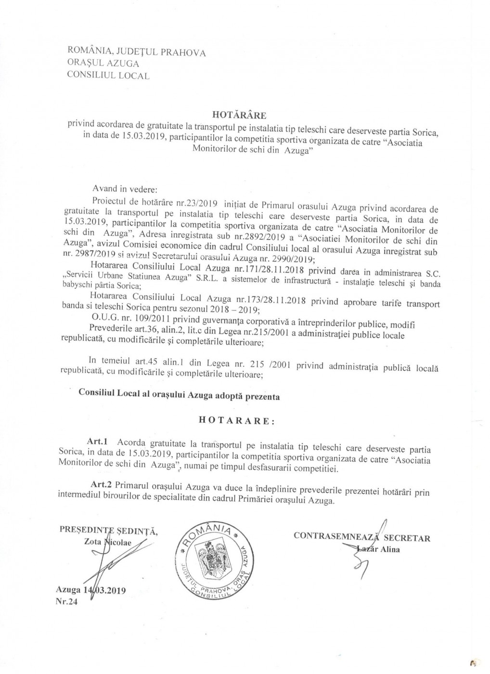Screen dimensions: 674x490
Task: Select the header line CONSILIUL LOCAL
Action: coord(108,75)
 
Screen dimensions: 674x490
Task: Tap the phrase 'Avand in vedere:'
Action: coord(125,189)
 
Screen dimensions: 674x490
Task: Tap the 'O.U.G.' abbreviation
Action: coord(104,318)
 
